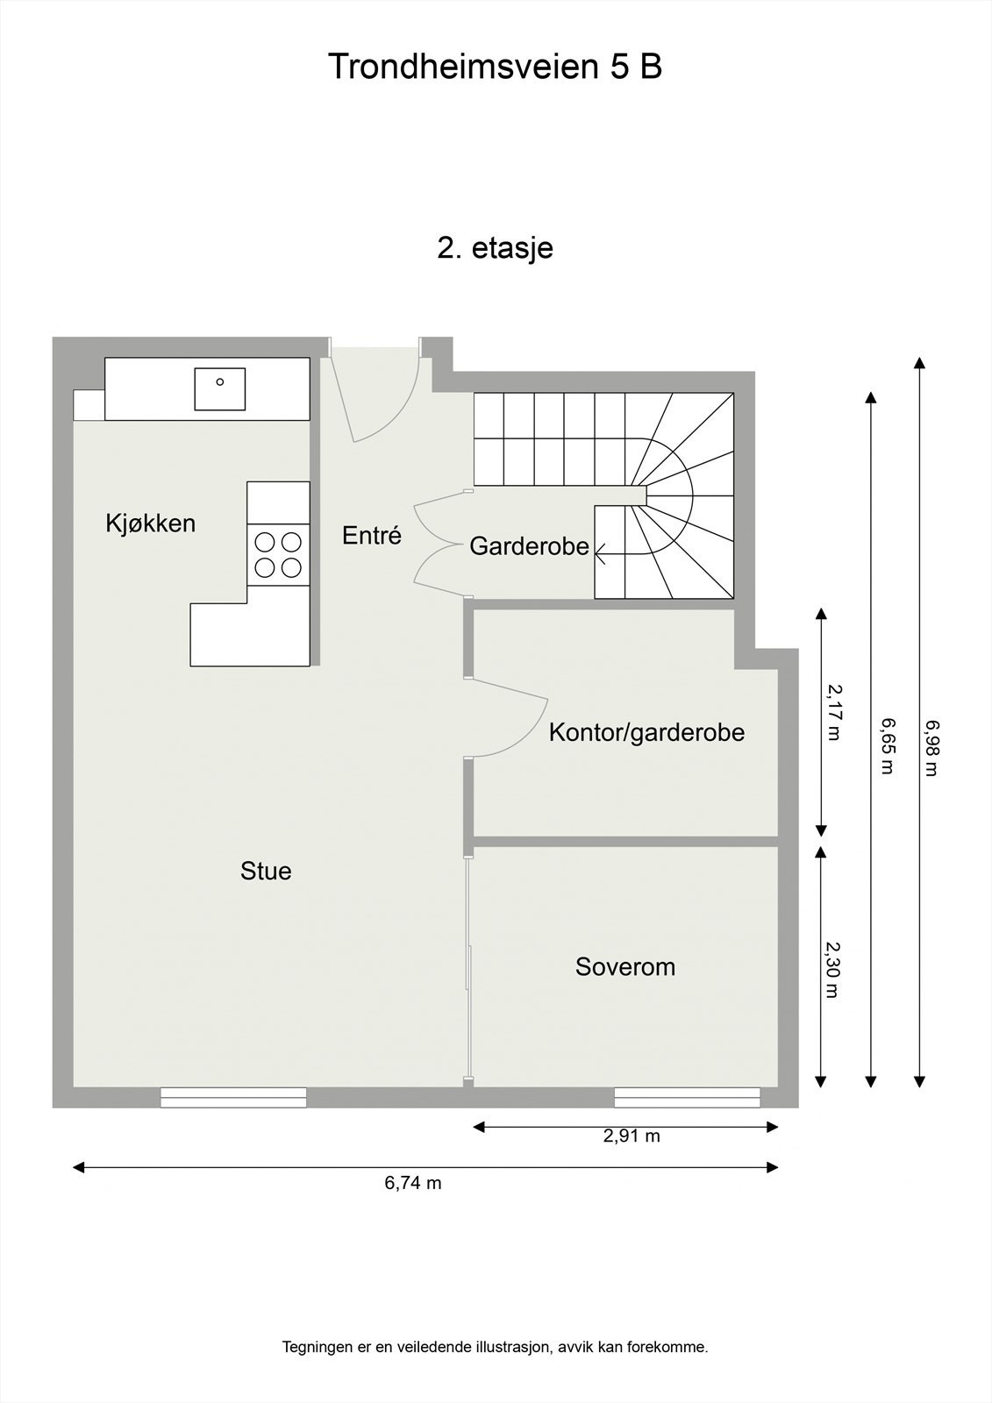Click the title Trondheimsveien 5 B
(x=495, y=67)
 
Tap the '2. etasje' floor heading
(x=495, y=248)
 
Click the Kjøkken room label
(x=150, y=524)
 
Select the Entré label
(x=372, y=536)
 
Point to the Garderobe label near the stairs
(x=529, y=546)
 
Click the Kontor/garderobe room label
(x=646, y=732)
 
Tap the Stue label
(x=266, y=871)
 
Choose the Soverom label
(x=625, y=967)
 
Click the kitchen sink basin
(x=219, y=388)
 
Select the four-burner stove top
(x=278, y=554)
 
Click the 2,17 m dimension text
(x=833, y=713)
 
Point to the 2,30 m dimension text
(x=833, y=970)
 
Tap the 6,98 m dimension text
(x=931, y=748)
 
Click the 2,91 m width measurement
(x=631, y=1136)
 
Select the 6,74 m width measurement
(x=412, y=1183)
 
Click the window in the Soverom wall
(x=687, y=1097)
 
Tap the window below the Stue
(x=233, y=1097)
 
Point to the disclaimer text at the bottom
(x=495, y=1348)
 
